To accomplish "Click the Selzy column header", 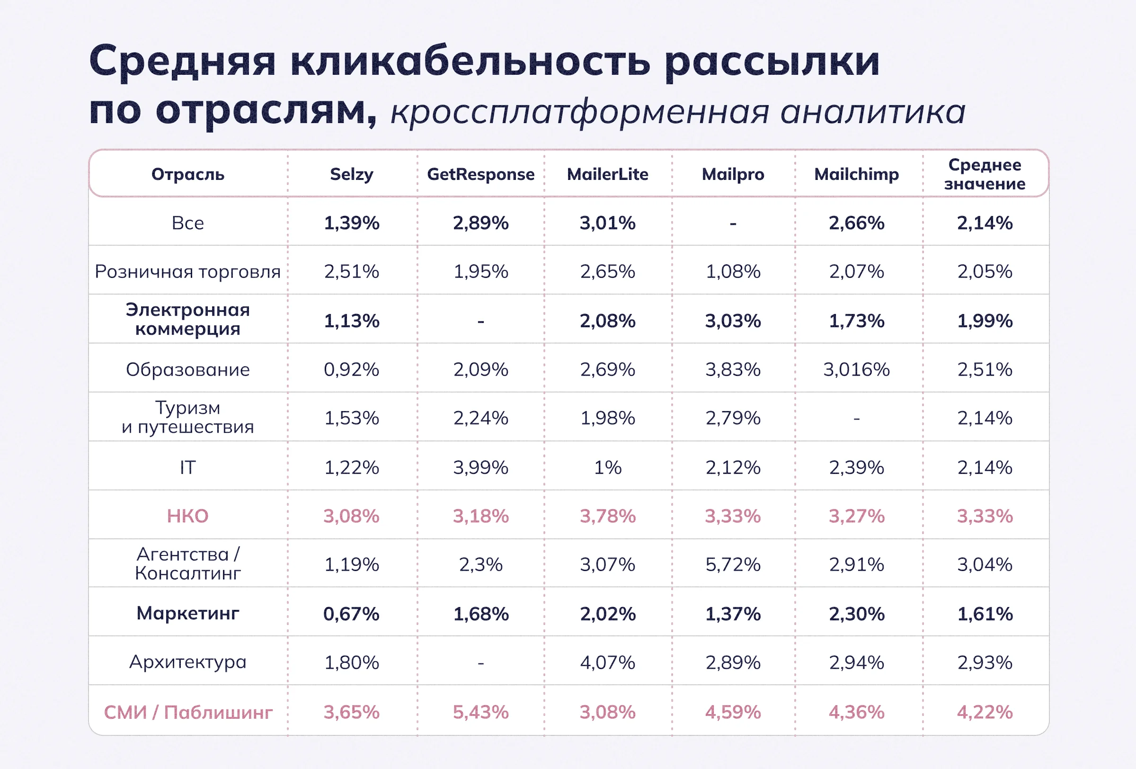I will pyautogui.click(x=352, y=174).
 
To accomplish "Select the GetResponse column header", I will pyautogui.click(x=480, y=174).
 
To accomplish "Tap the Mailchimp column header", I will pyautogui.click(x=856, y=174).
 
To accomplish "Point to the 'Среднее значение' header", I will pyautogui.click(x=985, y=174).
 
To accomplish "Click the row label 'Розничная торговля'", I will pyautogui.click(x=188, y=271).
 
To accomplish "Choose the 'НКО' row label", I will pyautogui.click(x=188, y=516).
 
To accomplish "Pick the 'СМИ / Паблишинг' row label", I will pyautogui.click(x=188, y=712).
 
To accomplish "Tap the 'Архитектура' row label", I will pyautogui.click(x=188, y=662).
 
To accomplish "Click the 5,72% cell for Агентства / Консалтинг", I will pyautogui.click(x=733, y=564).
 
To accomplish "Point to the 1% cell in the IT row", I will pyautogui.click(x=608, y=467).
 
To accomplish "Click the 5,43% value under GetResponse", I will pyautogui.click(x=480, y=712).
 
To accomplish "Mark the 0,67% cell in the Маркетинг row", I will pyautogui.click(x=352, y=614).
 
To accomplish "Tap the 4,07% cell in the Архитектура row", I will pyautogui.click(x=608, y=662).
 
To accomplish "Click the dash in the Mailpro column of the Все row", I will pyautogui.click(x=733, y=224).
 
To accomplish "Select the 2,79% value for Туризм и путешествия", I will pyautogui.click(x=733, y=418).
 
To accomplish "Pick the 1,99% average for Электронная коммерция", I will pyautogui.click(x=985, y=321).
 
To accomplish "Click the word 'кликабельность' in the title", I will pyautogui.click(x=470, y=62).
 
